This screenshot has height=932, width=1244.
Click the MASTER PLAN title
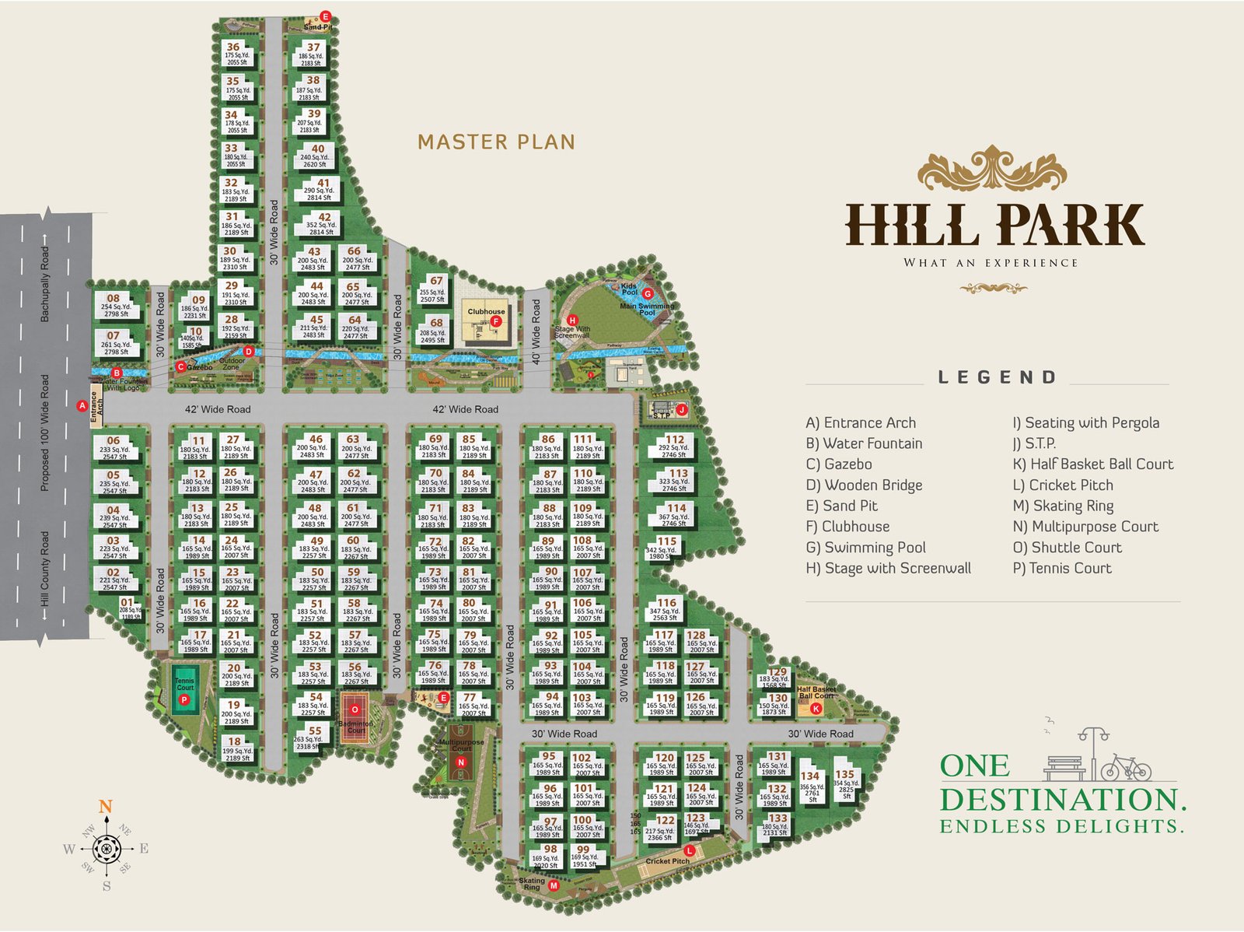click(496, 142)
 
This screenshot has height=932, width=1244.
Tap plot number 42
click(324, 218)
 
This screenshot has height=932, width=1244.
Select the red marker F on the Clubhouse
click(495, 321)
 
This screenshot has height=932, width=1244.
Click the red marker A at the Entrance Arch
click(82, 405)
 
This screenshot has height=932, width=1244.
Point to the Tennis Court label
click(184, 684)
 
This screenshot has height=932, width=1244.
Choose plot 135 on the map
click(845, 774)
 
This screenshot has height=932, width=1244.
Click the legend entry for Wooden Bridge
click(865, 485)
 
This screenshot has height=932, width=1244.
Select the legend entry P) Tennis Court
click(1062, 569)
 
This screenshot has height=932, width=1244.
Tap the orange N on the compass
click(106, 807)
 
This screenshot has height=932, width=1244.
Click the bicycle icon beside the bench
click(1125, 768)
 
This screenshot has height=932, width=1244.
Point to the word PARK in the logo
click(1071, 225)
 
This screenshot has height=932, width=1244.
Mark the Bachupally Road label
click(44, 284)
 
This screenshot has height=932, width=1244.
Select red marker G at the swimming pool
click(647, 294)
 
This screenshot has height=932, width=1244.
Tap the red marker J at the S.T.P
click(681, 409)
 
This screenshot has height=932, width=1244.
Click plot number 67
click(436, 281)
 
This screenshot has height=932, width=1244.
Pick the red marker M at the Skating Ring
click(554, 885)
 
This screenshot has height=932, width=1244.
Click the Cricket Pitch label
click(666, 861)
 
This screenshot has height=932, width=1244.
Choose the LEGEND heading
click(998, 377)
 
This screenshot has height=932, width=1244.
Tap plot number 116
click(666, 602)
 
